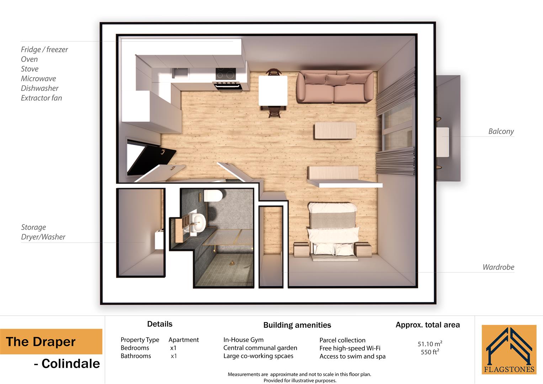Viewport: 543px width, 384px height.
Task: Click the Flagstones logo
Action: coord(509,350)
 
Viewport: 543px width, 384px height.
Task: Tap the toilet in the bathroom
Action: coord(213,195)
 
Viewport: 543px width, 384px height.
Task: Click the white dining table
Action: coord(273,91)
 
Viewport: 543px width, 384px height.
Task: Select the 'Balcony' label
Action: coord(501,131)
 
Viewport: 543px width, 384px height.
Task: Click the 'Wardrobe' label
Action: coord(498,267)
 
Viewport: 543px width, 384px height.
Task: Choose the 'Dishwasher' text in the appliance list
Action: coord(39,88)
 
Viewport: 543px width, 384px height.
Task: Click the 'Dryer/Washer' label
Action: coord(43,237)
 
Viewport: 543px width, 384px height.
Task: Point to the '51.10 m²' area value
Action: coord(430,344)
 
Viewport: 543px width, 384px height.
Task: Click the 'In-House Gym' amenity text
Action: coord(243,340)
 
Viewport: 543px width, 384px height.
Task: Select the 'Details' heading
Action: coord(160,324)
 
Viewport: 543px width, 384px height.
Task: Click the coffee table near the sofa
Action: coord(335,130)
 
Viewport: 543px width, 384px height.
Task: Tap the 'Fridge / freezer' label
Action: coord(44,49)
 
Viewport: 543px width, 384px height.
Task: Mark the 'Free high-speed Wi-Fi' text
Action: coord(350,348)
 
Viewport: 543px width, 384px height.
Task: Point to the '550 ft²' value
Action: coord(430,352)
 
